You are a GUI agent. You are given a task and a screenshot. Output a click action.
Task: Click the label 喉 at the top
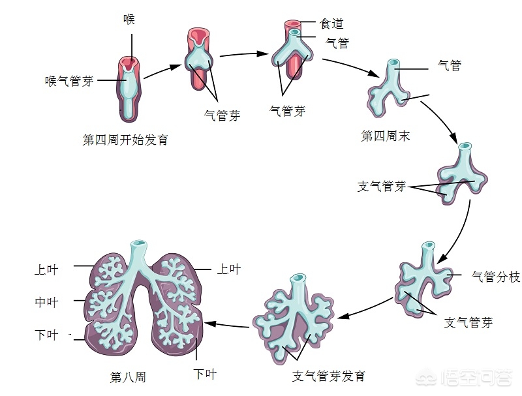coord(129,19)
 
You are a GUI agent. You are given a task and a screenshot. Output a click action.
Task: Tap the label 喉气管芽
coord(70,81)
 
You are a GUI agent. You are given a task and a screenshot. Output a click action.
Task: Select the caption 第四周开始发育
coord(125,140)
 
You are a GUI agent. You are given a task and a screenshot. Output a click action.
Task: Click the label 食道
coord(331,23)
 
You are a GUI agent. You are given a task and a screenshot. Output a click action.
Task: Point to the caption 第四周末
coord(386,136)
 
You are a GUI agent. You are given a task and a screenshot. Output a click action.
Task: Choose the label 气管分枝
coord(496,277)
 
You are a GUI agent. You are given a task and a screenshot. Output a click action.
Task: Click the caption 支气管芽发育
coord(329,376)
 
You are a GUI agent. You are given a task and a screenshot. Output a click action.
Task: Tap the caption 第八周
coord(128,377)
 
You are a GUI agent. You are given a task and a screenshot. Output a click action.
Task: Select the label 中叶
coord(46,302)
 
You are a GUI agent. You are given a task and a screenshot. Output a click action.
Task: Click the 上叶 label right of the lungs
coord(229,269)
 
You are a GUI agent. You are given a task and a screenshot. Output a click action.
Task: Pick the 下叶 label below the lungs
coord(205,374)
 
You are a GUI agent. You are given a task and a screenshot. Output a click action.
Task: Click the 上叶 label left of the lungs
coord(46,269)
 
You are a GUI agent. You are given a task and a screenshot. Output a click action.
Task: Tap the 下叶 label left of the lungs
coord(46,335)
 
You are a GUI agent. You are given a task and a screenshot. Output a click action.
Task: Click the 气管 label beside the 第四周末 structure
coord(450,65)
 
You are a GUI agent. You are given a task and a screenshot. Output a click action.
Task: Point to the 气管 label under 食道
coord(337,43)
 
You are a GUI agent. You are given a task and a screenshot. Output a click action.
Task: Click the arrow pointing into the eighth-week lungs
coord(226,325)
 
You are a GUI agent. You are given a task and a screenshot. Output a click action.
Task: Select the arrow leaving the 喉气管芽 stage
coord(162,71)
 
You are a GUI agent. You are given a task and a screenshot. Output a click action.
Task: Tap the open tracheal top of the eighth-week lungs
coord(139,243)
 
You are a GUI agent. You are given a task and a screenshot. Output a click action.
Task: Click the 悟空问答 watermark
coord(464,378)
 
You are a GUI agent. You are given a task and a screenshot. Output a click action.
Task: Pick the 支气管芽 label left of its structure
coord(382,187)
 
